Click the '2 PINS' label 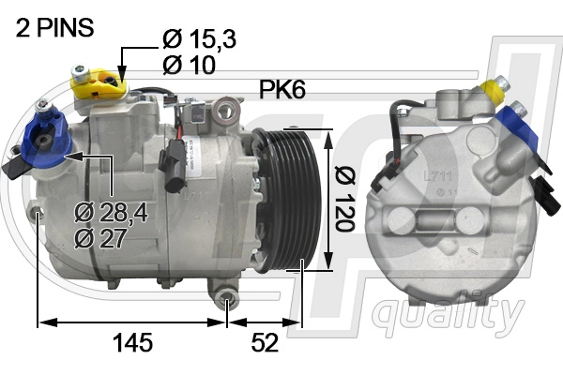[54, 27]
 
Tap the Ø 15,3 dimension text [200, 38]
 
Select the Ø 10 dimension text [189, 65]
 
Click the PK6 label [282, 89]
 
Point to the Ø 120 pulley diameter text [344, 199]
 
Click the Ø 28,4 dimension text [111, 213]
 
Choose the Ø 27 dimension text [100, 238]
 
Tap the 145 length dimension [133, 342]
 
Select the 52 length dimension [265, 342]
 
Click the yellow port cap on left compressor [98, 84]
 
